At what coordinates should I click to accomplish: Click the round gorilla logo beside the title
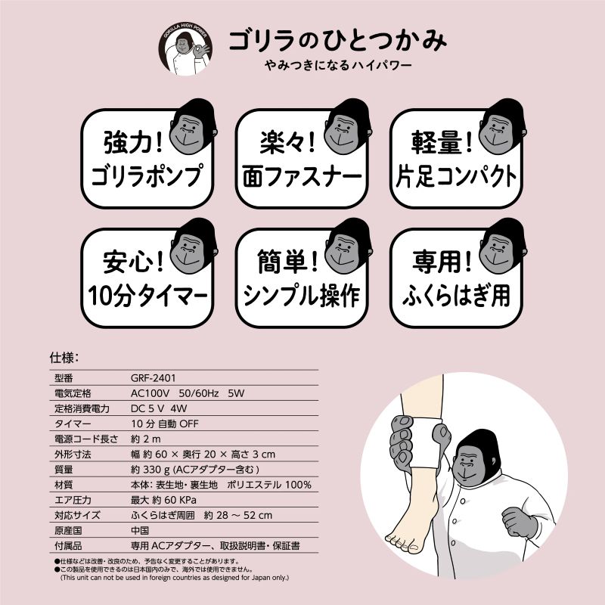[185, 49]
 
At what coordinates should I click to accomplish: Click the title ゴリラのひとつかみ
[338, 41]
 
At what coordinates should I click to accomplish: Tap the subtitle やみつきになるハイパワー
[338, 65]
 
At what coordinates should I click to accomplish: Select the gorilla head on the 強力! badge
[193, 126]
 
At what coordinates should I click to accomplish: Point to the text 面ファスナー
[302, 176]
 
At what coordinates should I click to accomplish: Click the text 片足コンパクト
[456, 176]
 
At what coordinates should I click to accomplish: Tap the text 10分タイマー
[147, 296]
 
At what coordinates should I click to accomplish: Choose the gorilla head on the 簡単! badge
[347, 245]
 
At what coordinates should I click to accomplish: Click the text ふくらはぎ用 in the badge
[456, 296]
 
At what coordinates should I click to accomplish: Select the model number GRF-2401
[154, 377]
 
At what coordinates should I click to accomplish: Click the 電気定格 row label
[73, 393]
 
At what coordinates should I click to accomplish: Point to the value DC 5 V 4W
[159, 408]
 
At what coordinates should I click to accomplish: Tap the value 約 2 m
[146, 439]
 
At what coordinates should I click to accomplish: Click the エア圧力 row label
[73, 500]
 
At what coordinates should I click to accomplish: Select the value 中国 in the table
[140, 531]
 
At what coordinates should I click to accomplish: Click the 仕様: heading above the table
[64, 358]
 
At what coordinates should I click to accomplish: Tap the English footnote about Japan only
[175, 578]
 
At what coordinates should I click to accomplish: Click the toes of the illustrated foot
[402, 542]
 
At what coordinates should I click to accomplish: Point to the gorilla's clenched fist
[520, 523]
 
